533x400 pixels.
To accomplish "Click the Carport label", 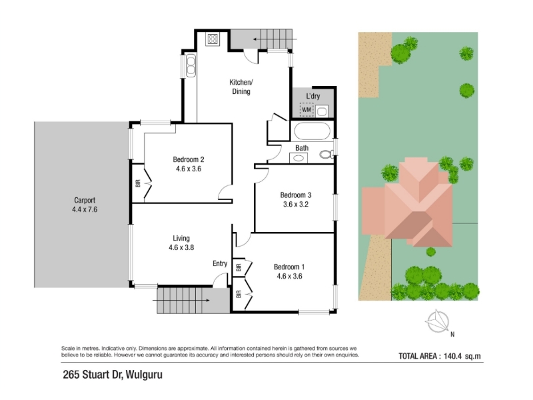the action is click(x=85, y=201).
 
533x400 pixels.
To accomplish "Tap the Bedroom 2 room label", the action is click(x=189, y=159).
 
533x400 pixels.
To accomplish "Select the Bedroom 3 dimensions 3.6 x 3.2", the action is click(x=296, y=205).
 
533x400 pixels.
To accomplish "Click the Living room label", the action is click(x=181, y=239).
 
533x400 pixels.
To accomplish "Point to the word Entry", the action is click(x=220, y=263).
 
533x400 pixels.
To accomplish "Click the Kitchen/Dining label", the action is click(x=241, y=87).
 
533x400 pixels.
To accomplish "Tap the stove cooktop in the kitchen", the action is click(x=213, y=39).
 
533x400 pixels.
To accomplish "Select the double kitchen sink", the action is click(x=191, y=65).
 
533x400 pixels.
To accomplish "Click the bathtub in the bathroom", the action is click(x=312, y=131).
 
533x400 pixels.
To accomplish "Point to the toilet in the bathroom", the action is click(x=326, y=155).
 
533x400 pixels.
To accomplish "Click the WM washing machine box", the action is click(x=306, y=109).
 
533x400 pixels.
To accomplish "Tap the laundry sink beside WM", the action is click(x=322, y=111).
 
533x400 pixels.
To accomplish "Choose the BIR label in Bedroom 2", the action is click(x=138, y=184).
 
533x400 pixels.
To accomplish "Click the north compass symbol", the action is click(x=438, y=321).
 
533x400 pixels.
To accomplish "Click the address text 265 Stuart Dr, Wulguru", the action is click(x=113, y=375).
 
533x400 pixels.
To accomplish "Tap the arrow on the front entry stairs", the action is click(x=181, y=301).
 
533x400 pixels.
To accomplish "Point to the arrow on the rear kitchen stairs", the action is click(x=275, y=39).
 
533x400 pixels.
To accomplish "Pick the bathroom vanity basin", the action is click(x=298, y=158).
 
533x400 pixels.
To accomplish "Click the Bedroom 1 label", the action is click(x=289, y=267).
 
